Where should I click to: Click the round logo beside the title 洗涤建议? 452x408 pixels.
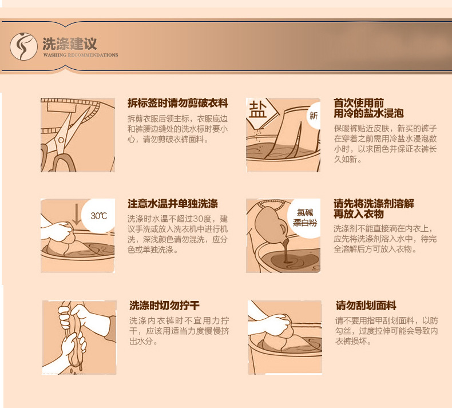[x=23, y=46]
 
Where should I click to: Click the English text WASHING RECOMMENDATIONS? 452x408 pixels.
[x=81, y=55]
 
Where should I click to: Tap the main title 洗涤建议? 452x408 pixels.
[x=69, y=44]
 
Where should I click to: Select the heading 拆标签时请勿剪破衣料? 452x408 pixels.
[x=178, y=103]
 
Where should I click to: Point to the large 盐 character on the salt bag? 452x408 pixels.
[x=257, y=109]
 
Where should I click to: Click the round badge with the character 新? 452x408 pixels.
[x=314, y=116]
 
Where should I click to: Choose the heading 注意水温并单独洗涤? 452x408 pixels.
[x=173, y=204]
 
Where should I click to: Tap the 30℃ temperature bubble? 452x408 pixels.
[x=98, y=216]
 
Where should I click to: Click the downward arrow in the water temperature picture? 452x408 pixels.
[x=77, y=214]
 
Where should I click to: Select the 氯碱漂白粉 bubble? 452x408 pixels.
[x=304, y=217]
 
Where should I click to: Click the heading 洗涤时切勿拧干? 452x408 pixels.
[x=164, y=306]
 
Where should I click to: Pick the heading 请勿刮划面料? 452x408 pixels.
[x=366, y=306]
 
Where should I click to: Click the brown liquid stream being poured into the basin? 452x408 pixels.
[x=287, y=250]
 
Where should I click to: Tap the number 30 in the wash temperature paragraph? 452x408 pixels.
[x=198, y=219]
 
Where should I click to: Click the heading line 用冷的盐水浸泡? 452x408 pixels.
[x=368, y=113]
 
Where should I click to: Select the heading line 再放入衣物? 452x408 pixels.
[x=359, y=214]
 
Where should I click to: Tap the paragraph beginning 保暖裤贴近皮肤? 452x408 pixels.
[x=386, y=144]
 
